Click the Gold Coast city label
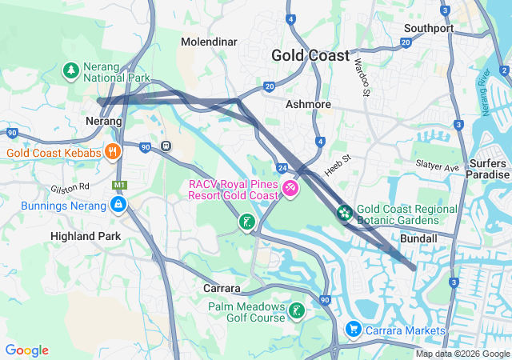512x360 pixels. (x=310, y=55)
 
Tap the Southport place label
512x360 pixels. (x=429, y=28)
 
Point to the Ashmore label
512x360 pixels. (x=308, y=104)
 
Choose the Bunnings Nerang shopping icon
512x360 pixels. (x=118, y=205)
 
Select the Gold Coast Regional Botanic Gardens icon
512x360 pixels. (x=344, y=213)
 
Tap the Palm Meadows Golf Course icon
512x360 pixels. (x=297, y=310)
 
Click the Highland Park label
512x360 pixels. (x=86, y=236)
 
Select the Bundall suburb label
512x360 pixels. (x=418, y=238)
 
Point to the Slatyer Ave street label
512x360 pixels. (x=438, y=166)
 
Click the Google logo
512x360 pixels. (x=26, y=350)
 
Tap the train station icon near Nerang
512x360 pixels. (x=166, y=146)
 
